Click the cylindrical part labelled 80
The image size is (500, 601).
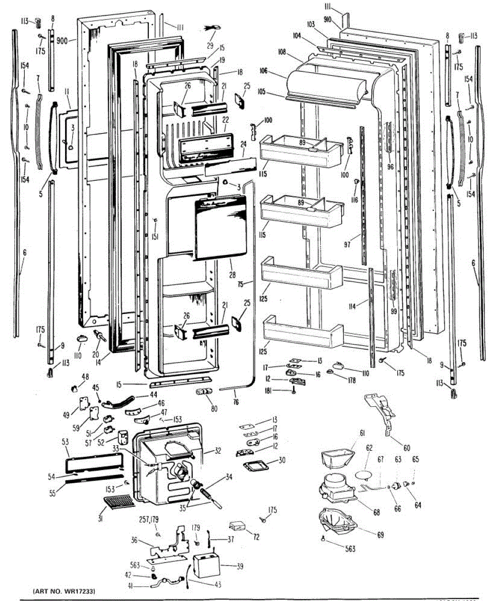click(x=202, y=392)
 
